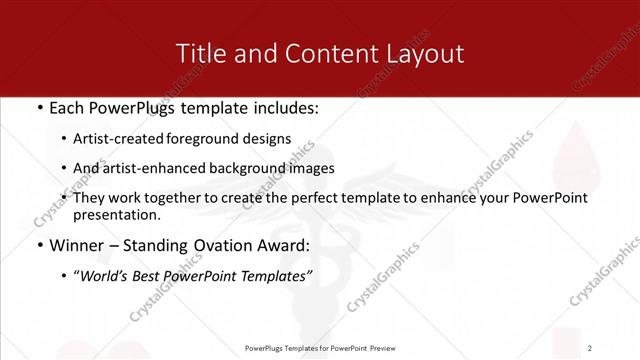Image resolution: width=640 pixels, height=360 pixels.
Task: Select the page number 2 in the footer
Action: click(x=590, y=347)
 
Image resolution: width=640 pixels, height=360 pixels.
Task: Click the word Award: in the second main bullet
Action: click(x=281, y=244)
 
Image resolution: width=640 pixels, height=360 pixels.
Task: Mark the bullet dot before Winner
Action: click(x=39, y=244)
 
